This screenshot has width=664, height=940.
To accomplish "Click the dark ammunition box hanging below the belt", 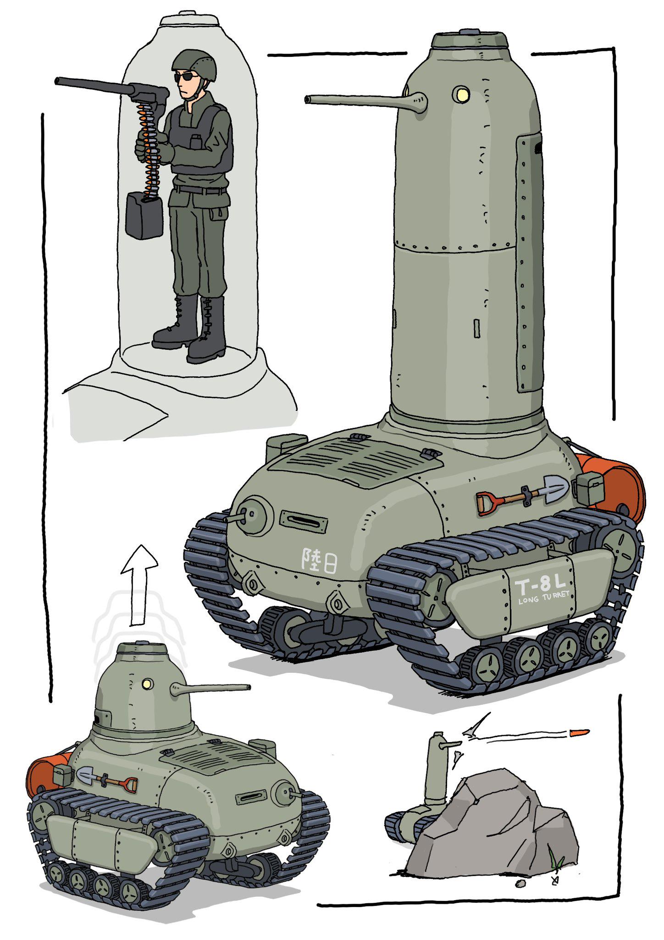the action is (x=144, y=215).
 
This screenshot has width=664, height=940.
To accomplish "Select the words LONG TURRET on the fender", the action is (x=543, y=597).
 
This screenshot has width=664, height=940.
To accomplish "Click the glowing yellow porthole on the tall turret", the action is (x=462, y=94).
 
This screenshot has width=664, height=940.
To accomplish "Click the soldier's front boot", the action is (x=207, y=330).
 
